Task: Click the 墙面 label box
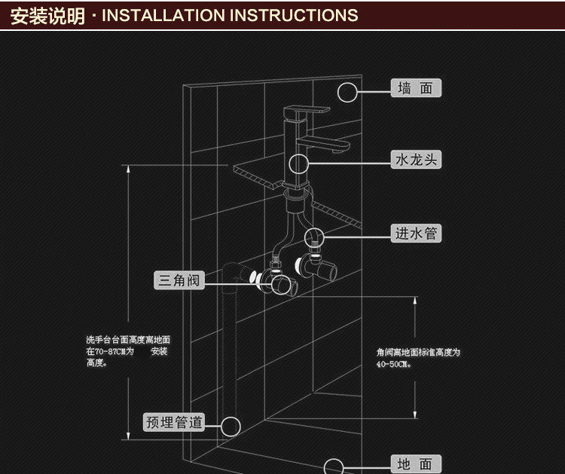click(416, 88)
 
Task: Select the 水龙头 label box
click(416, 160)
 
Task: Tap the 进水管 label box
click(416, 233)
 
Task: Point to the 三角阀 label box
click(179, 281)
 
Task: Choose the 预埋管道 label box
click(174, 422)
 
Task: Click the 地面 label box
click(416, 463)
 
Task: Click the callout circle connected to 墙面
click(347, 92)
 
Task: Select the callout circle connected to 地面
click(333, 465)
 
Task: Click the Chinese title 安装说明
click(47, 15)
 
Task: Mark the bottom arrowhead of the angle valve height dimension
click(416, 417)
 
